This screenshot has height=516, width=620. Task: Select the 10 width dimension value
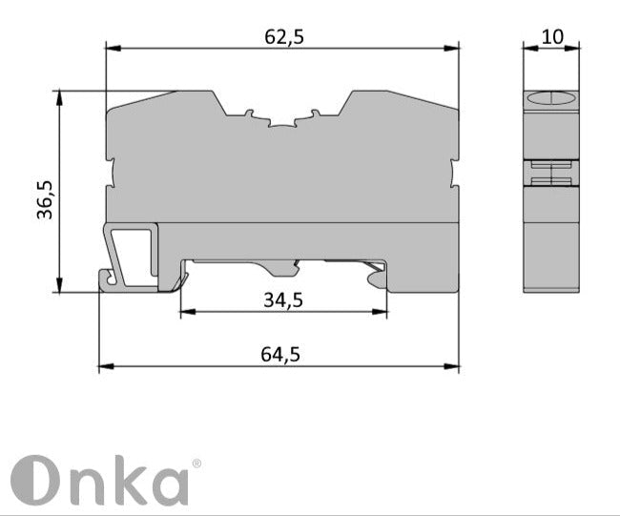point(552,37)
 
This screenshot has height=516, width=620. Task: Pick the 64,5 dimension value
point(280,354)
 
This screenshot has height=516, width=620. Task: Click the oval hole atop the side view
point(552,98)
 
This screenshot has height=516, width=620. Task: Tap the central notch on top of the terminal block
point(283,123)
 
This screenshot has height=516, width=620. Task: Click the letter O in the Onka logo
point(32,482)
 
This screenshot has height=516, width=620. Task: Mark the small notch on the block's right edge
point(454,174)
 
